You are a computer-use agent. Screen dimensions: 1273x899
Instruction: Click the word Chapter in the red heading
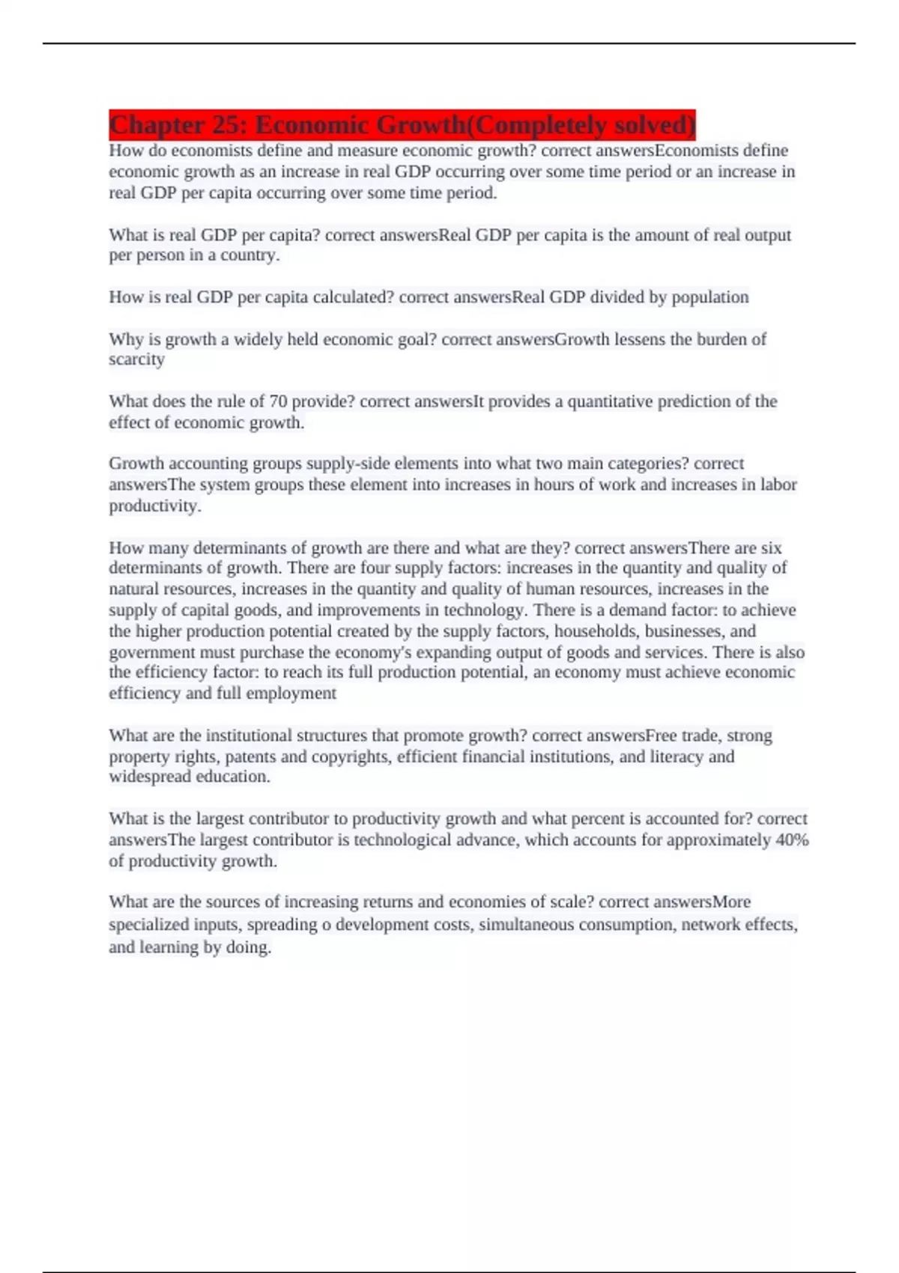tap(156, 124)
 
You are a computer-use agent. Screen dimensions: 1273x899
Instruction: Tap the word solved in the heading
tap(651, 124)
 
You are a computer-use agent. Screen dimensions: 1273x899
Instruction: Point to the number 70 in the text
tap(278, 401)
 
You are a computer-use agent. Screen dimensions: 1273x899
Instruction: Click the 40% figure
tap(793, 839)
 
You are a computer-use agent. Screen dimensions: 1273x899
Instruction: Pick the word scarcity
tap(136, 359)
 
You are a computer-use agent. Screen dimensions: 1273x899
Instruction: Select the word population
tap(709, 297)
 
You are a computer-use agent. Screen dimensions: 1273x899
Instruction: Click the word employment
tap(291, 693)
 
